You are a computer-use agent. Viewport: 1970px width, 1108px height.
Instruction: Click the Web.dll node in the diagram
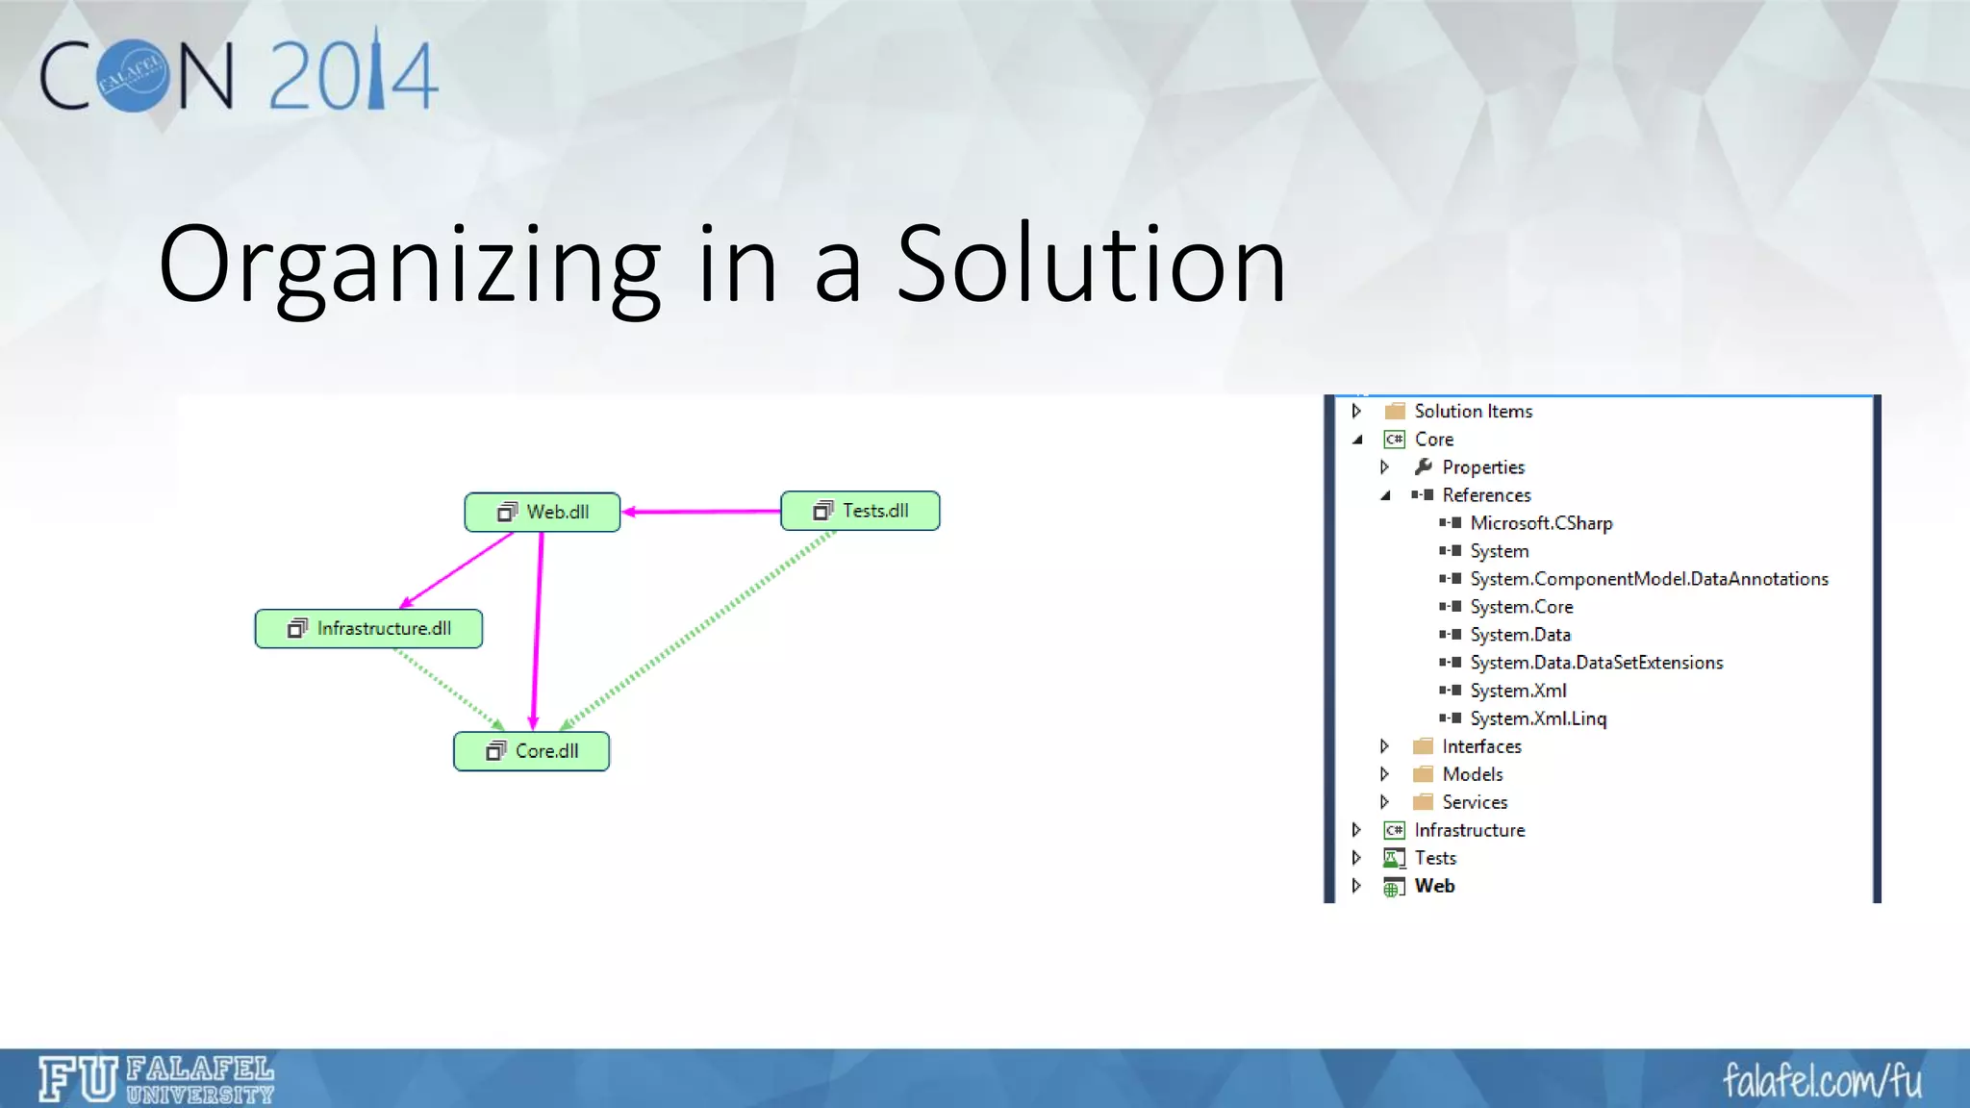coord(543,513)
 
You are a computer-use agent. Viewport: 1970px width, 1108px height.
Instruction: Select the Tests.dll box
coord(860,511)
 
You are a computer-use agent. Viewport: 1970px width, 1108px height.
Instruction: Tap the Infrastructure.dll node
coord(368,629)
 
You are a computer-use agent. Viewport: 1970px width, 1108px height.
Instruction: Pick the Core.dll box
coord(531,751)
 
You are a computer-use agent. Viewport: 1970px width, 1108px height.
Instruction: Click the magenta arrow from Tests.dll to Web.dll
coord(702,512)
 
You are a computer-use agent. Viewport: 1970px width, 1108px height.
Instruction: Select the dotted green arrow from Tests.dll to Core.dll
coord(697,630)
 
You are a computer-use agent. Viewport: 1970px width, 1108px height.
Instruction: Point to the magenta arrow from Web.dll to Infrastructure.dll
coord(457,569)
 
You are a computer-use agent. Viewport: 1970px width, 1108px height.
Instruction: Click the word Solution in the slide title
coord(1091,264)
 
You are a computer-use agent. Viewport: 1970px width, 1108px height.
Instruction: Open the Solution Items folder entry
coord(1473,412)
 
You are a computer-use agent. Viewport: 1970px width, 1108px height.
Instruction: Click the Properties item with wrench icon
coord(1482,467)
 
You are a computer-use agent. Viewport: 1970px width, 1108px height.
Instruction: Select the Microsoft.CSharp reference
coord(1540,523)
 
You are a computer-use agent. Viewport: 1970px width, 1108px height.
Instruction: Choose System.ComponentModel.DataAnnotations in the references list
coord(1648,579)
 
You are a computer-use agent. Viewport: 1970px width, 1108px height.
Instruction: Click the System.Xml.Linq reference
coord(1537,718)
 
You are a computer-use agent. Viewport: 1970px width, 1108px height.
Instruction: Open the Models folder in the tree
coord(1472,774)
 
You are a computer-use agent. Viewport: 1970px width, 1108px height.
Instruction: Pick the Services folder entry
coord(1474,802)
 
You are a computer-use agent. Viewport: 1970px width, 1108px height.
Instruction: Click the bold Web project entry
coord(1433,886)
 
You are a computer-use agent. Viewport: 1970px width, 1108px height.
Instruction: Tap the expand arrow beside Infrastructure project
coord(1356,830)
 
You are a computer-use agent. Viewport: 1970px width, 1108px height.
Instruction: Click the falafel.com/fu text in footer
coord(1821,1081)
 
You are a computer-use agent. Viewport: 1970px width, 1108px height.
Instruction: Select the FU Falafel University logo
coord(157,1079)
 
